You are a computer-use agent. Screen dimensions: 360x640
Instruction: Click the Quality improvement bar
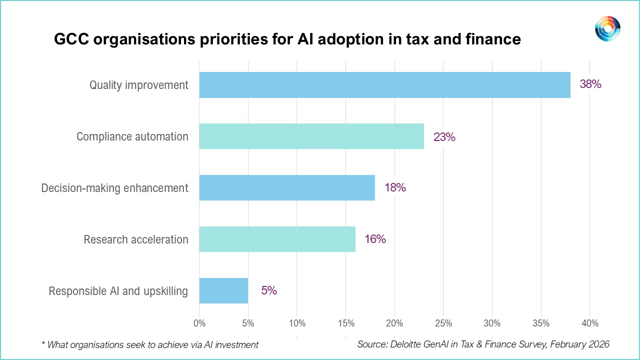tap(384, 85)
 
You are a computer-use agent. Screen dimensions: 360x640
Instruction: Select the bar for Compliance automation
tap(311, 136)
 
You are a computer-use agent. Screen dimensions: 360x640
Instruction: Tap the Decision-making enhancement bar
tap(287, 188)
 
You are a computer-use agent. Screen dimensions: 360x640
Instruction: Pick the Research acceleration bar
tap(277, 239)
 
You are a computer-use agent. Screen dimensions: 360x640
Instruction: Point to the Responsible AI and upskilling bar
tap(223, 290)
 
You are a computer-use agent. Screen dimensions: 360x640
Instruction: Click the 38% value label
tap(590, 84)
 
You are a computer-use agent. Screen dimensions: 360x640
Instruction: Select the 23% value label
tap(444, 136)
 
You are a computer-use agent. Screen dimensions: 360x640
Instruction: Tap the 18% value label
tap(395, 188)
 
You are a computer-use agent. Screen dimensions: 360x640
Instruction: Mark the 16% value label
tap(375, 239)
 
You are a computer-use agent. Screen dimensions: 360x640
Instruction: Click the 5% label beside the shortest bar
tap(269, 290)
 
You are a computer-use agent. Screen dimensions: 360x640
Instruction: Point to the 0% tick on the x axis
tap(199, 323)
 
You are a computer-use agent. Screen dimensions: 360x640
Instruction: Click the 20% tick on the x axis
tap(394, 323)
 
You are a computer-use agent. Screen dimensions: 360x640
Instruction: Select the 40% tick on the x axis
tap(590, 323)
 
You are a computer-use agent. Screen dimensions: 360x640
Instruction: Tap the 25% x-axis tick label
tap(443, 323)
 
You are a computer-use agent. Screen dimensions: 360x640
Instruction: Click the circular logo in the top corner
tap(607, 28)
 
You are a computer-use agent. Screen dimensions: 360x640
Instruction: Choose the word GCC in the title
tap(72, 39)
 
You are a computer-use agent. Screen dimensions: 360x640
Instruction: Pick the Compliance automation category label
tap(132, 136)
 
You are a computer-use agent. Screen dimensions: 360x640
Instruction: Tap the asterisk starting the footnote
tap(43, 344)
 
